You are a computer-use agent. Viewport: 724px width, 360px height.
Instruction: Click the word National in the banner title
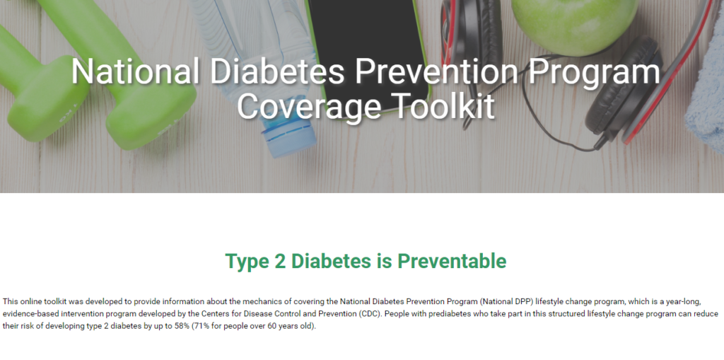[x=135, y=71]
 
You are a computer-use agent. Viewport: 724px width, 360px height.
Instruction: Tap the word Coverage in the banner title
[x=309, y=107]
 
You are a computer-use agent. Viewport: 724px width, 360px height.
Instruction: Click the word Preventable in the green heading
[x=452, y=261]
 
